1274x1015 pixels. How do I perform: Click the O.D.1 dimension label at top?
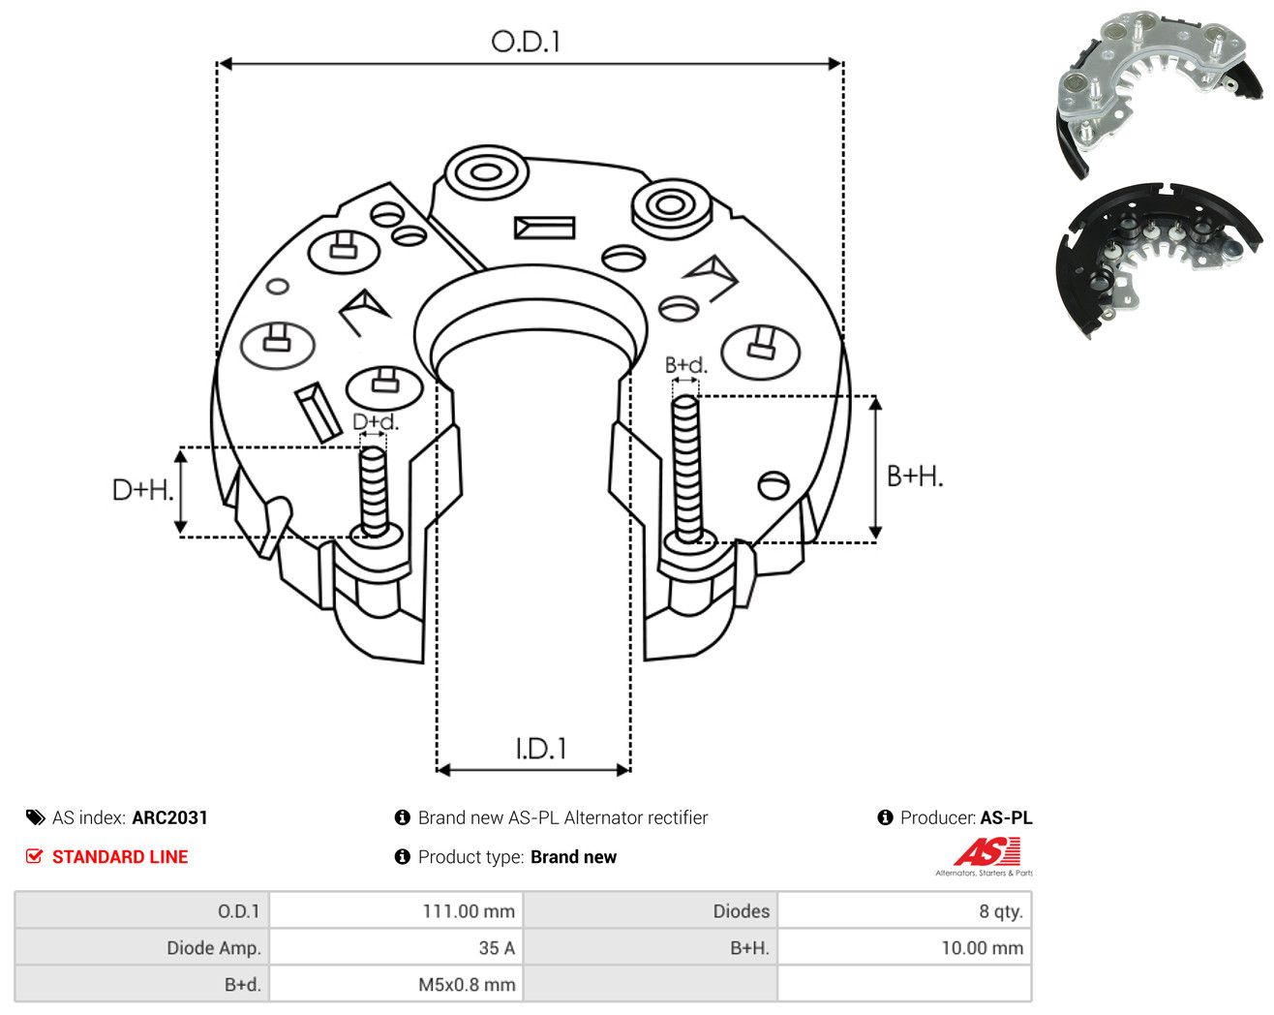coord(525,42)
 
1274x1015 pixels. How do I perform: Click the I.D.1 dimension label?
coord(540,749)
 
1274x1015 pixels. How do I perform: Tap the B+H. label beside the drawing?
coord(914,477)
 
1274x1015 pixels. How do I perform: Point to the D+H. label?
coord(142,490)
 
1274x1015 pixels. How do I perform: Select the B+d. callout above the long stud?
coord(686,365)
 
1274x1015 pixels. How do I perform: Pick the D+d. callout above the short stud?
coord(376,421)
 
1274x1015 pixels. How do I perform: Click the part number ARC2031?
coord(169,817)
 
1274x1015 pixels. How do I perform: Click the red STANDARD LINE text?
coord(120,857)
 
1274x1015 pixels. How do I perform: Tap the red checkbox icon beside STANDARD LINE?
coord(34,856)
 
